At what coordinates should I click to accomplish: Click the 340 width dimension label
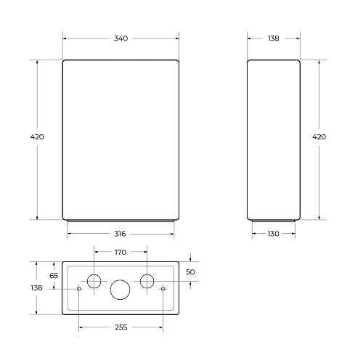click(121, 38)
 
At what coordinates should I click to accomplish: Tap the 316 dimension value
click(120, 234)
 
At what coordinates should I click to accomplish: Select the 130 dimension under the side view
click(274, 234)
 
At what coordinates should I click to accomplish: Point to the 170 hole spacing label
click(121, 252)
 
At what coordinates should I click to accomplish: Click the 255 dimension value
click(121, 327)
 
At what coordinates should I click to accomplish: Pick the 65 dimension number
click(54, 276)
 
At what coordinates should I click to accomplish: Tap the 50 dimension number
click(190, 272)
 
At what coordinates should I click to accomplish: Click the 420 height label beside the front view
click(37, 136)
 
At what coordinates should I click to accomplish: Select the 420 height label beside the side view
click(319, 136)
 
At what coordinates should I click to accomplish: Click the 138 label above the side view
click(274, 38)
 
